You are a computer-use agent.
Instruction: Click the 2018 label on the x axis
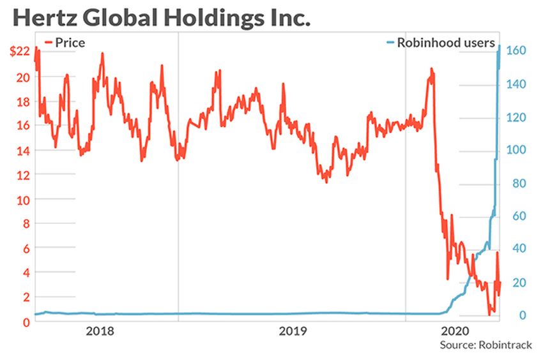pyautogui.click(x=100, y=331)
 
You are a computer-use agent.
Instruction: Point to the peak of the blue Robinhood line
pyautogui.click(x=499, y=46)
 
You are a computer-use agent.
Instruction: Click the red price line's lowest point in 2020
pyautogui.click(x=489, y=315)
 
